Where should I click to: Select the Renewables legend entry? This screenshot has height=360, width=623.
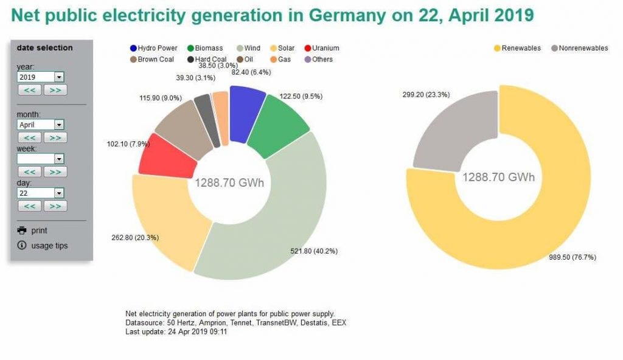coord(517,48)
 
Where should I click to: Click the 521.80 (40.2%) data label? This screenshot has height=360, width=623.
coord(315,251)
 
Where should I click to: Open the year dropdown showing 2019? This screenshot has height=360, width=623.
coord(41,77)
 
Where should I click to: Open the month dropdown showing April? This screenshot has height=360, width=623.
coord(41,125)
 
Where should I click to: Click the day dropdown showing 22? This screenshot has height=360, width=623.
coord(41,193)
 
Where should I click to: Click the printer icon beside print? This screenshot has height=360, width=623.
coord(23,230)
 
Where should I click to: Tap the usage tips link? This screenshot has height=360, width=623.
coord(49,246)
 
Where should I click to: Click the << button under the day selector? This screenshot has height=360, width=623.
coord(29,206)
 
